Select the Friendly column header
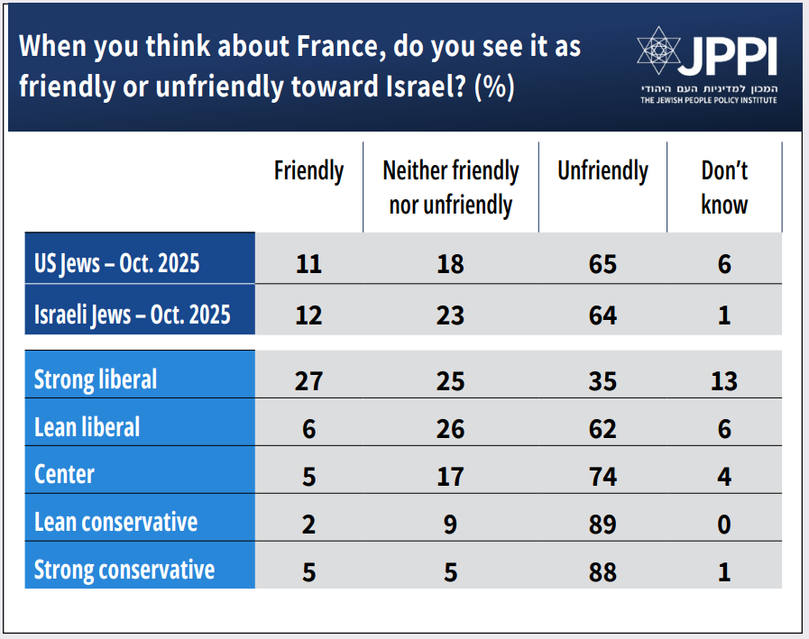308,171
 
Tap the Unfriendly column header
602,171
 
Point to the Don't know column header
724,187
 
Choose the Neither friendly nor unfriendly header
451,187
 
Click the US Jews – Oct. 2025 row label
116,264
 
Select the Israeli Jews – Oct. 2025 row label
132,314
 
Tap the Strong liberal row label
96,379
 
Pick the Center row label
64,474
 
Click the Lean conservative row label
115,522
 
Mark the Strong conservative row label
124,570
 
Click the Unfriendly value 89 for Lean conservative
602,524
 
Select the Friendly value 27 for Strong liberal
308,380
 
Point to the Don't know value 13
724,380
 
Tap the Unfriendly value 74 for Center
602,476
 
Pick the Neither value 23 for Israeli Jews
451,315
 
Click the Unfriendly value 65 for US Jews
602,265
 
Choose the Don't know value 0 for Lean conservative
724,524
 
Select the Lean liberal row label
87,427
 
